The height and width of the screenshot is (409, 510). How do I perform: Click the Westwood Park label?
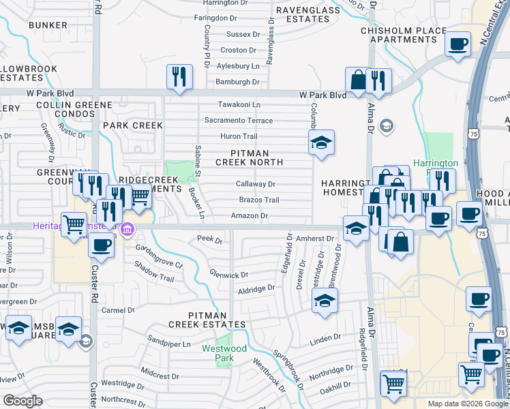click(224, 349)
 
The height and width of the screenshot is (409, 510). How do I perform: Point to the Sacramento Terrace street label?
click(239, 121)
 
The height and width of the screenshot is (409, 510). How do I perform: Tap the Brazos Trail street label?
click(259, 200)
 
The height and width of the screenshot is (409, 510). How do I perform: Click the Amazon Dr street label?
click(249, 216)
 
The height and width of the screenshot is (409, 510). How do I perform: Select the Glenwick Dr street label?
click(229, 275)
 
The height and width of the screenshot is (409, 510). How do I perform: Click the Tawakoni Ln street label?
click(239, 104)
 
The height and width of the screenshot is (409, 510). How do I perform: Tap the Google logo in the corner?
click(23, 401)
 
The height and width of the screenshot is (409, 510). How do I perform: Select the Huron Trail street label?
click(239, 136)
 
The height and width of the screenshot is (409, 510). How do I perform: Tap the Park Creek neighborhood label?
click(133, 125)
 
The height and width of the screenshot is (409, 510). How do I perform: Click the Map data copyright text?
click(468, 404)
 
